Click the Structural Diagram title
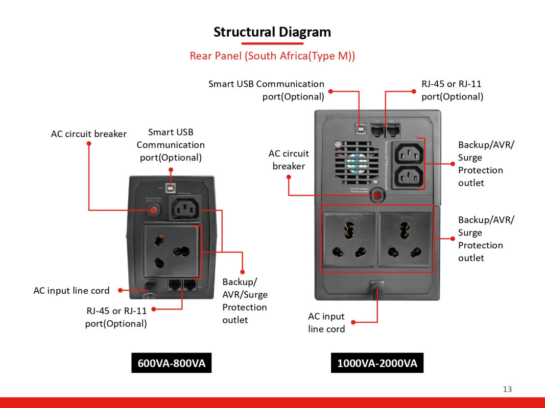point(272,32)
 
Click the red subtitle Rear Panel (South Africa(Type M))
point(272,56)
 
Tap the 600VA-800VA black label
point(171,363)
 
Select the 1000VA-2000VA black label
point(377,363)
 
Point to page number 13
point(507,389)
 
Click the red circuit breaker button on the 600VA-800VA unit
point(152,209)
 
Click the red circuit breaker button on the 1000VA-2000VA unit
point(377,195)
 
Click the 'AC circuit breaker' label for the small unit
point(88,134)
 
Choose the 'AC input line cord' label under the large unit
point(326,323)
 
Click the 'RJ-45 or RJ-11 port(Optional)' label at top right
point(452,90)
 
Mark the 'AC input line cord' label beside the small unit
point(72,291)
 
